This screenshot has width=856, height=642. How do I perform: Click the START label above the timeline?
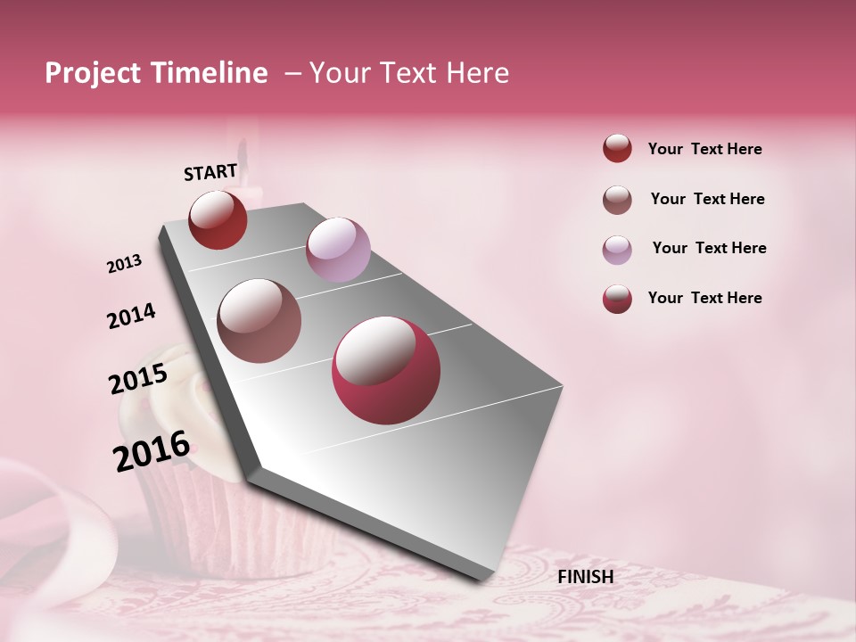pos(210,172)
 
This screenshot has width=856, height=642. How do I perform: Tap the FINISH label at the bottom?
pos(585,577)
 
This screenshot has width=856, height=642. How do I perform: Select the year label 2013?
pos(124,264)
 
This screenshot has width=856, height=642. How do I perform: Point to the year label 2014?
pos(131,317)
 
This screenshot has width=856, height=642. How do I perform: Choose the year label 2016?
pos(152,451)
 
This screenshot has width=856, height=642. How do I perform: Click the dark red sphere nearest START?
pos(218,219)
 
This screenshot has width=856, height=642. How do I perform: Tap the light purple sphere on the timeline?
pos(338,250)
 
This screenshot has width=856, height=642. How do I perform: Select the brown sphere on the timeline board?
pos(259,321)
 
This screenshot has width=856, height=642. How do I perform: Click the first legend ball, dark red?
pos(617,149)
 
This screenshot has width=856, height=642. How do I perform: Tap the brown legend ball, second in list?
pos(617,200)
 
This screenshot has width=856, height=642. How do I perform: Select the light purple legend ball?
pos(617,250)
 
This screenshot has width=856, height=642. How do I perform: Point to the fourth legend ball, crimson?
pos(617,299)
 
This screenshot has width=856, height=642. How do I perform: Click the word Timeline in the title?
pos(211,73)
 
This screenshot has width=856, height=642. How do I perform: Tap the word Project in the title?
pos(93,73)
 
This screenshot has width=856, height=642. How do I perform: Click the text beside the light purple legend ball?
pos(709,248)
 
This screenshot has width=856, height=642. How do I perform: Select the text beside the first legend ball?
pos(704,149)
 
